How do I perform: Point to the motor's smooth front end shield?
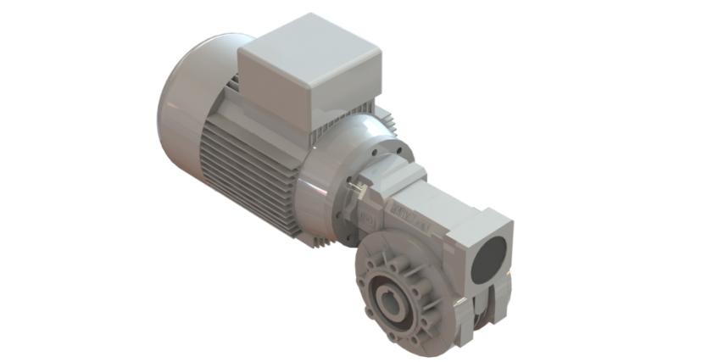click(x=339, y=153)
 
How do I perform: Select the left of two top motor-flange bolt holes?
click(x=379, y=145)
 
